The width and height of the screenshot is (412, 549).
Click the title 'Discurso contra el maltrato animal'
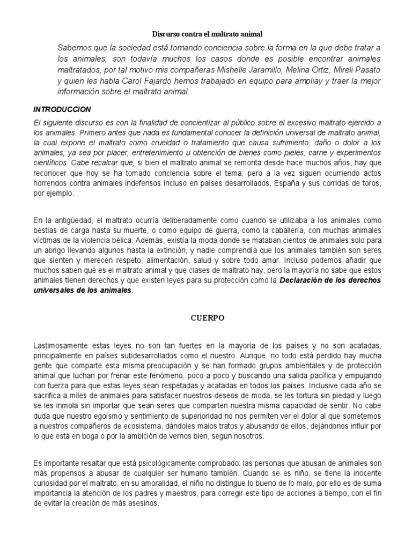[206, 34]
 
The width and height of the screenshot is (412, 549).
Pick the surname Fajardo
[137, 81]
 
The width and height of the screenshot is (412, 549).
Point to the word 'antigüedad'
[69, 220]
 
